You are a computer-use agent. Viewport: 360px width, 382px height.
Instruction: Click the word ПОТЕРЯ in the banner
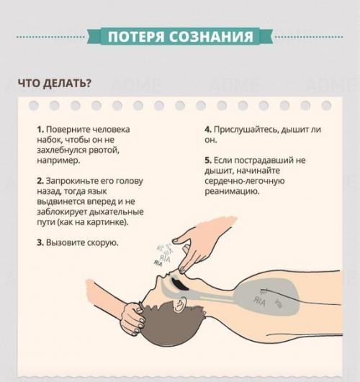coord(137,37)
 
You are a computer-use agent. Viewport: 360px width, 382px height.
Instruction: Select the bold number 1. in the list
coord(40,130)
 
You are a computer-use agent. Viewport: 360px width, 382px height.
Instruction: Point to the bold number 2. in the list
coord(40,180)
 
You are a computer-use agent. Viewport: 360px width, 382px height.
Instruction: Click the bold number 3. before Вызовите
coord(40,243)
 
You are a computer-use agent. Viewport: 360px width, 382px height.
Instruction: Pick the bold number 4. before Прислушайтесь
coord(208,130)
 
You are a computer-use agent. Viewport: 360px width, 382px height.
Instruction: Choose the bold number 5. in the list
coord(208,160)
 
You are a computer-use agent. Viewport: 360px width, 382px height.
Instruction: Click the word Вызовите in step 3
coord(66,243)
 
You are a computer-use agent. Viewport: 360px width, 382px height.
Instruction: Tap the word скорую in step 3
coord(102,243)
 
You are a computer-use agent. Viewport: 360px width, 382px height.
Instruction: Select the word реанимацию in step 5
coord(232,192)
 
